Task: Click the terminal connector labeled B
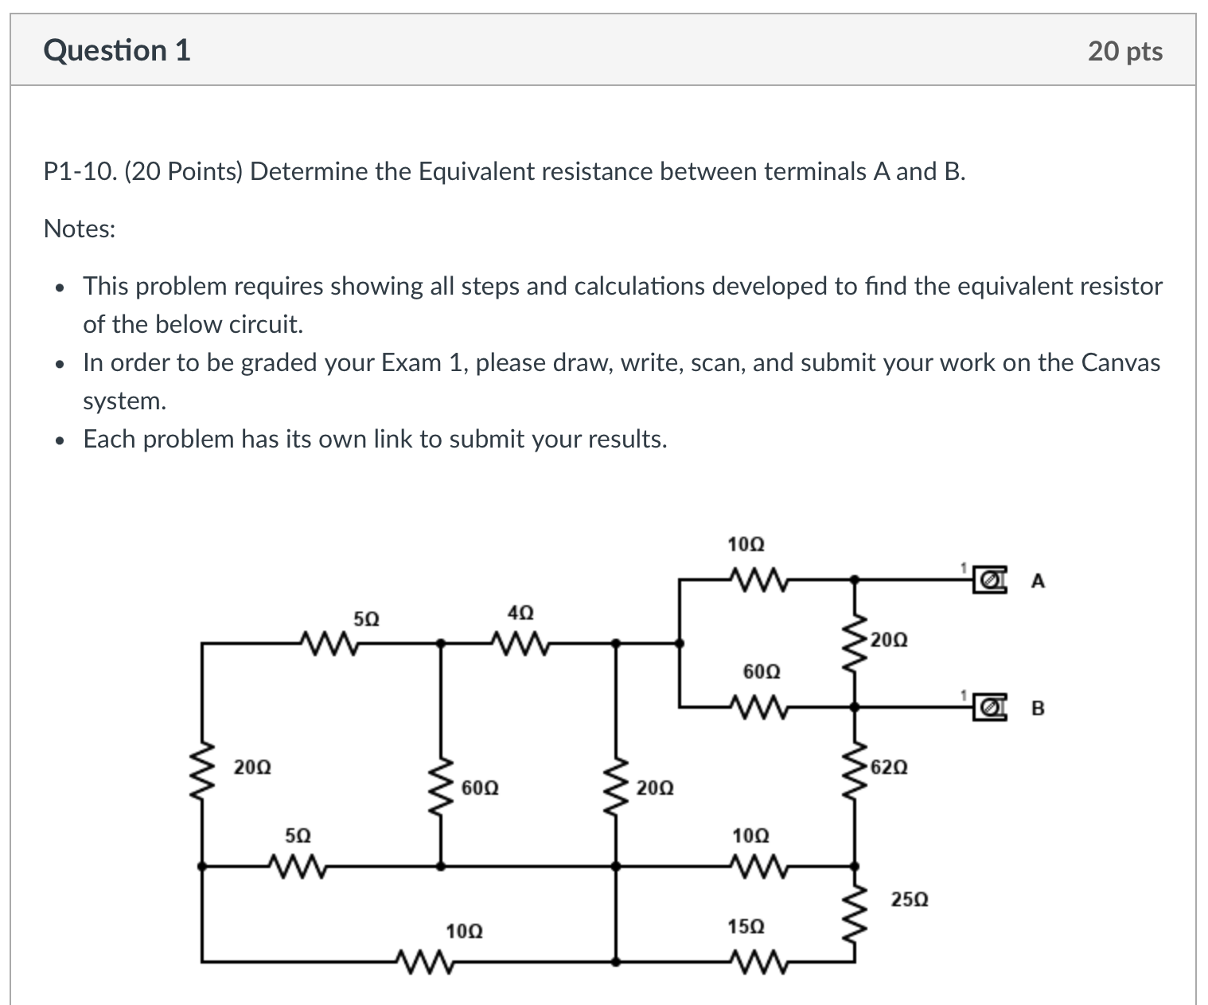coord(988,706)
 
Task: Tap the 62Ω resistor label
coord(888,768)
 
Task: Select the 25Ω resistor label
coord(909,900)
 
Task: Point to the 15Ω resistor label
coord(746,926)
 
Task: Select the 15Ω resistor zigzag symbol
coord(756,962)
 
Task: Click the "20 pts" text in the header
coord(1124,51)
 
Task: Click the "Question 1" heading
coord(117,50)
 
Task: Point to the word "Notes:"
coord(80,229)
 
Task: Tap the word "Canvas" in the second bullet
coord(1120,363)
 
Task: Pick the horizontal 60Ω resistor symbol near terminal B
coord(756,706)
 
